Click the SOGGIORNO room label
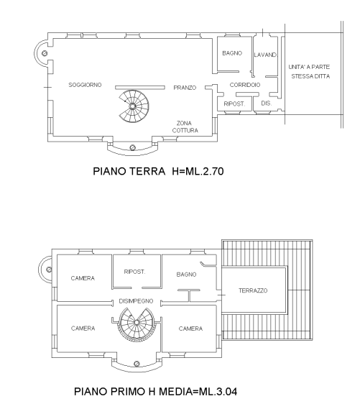coord(85,85)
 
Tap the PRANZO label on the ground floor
coord(185,88)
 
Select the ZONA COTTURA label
coord(185,127)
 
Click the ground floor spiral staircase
coord(134,106)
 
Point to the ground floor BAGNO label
coord(232,53)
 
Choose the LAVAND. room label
coord(265,55)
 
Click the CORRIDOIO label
coord(245,85)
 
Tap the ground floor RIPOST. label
coord(234,104)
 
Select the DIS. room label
coord(267,104)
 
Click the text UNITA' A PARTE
coord(309,67)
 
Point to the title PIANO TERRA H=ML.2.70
coord(158,171)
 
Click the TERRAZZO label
coord(253,290)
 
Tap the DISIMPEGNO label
coord(136,301)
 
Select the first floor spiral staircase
coord(137,323)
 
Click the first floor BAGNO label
coord(186,275)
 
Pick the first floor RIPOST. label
coord(134,272)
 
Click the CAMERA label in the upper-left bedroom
coord(83,278)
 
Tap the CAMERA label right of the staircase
coord(190,328)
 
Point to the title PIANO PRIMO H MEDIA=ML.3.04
coord(156,392)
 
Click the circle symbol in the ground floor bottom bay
coord(132,147)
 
